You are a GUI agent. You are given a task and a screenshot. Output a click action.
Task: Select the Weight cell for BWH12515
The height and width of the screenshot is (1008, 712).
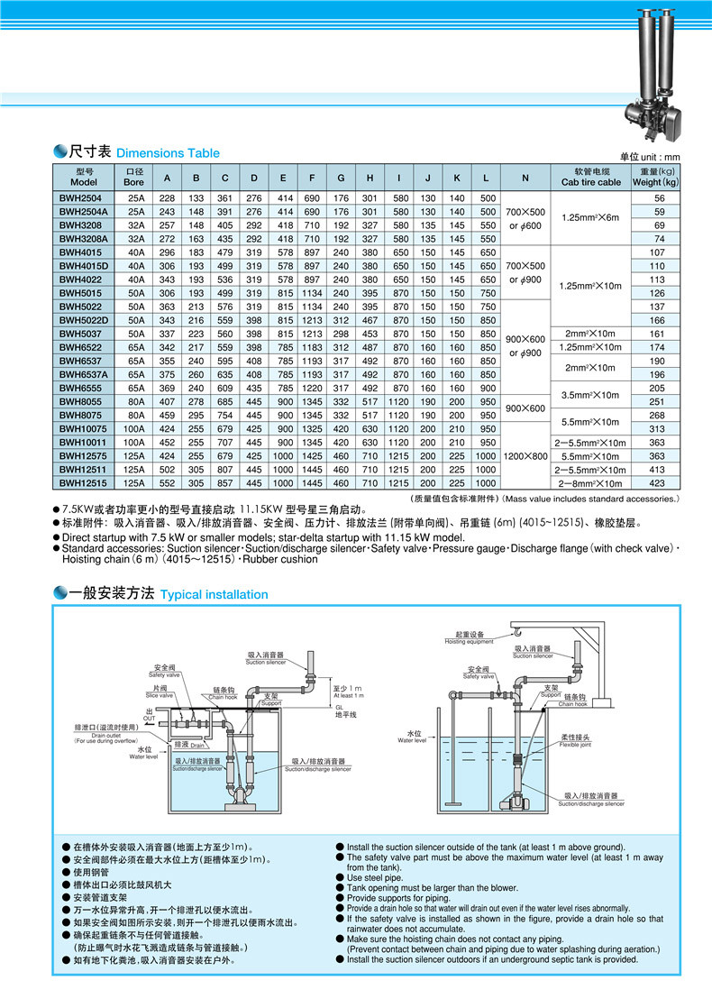coord(659,482)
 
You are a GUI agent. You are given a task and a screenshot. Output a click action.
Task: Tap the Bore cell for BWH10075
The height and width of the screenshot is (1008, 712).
coord(134,429)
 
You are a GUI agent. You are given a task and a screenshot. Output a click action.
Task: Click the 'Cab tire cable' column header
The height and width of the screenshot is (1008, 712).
coord(591,177)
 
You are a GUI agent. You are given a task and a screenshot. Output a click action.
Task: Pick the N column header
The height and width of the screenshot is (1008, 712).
coord(525,177)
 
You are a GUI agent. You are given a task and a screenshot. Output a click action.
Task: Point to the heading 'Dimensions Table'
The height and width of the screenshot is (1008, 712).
coord(168,153)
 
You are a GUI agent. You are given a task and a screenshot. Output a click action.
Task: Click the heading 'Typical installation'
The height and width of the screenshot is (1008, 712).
coord(214,594)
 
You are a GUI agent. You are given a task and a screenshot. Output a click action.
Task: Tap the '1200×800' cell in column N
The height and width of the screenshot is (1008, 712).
coord(525,456)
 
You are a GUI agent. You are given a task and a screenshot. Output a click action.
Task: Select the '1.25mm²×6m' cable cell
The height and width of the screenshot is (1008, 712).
coord(591,217)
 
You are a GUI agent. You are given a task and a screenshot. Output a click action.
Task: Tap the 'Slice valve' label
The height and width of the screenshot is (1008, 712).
coord(159,692)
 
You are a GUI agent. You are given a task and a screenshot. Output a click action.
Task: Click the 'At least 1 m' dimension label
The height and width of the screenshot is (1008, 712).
coord(348,692)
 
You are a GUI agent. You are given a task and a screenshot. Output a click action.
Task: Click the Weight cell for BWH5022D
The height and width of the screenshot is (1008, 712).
coord(659,320)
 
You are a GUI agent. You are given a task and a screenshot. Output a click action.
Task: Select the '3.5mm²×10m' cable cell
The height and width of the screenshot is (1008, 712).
coord(591,395)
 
